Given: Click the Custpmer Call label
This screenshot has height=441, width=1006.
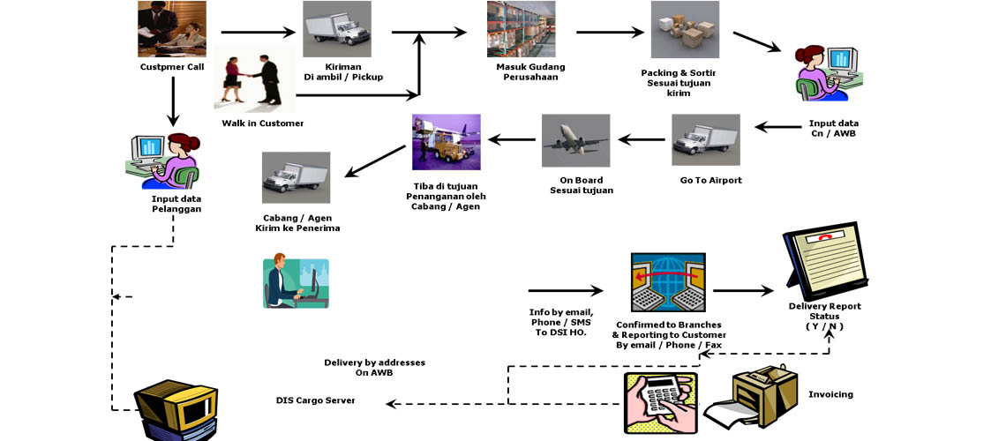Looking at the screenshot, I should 171,67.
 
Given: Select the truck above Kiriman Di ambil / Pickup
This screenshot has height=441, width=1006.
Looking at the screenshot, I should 336,29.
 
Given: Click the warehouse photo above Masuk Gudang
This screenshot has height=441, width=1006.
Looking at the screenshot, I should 521,29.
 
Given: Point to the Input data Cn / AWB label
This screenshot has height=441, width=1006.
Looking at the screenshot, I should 833,128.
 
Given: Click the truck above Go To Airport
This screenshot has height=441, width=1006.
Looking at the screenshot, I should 706,140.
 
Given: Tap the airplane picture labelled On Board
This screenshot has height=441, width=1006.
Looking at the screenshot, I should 575,140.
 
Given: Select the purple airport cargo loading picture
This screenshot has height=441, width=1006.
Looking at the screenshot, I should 446,141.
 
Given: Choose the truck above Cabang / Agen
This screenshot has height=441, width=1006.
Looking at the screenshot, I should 296,177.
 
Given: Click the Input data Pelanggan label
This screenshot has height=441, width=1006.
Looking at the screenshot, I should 176,204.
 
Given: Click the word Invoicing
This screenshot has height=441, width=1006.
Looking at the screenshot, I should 830,394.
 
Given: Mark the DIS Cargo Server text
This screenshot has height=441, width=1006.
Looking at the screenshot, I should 315,400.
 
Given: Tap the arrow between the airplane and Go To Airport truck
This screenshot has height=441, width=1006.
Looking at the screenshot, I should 641,138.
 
